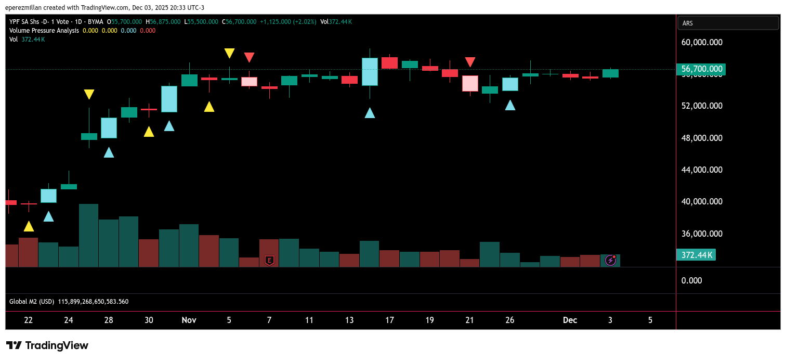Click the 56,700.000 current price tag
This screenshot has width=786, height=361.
click(700, 69)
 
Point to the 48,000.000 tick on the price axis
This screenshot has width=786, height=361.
click(702, 138)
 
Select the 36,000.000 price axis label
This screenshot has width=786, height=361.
click(702, 234)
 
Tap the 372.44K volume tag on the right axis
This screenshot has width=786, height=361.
click(696, 254)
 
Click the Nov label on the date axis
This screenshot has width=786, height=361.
click(189, 320)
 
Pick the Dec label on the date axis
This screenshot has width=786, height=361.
click(570, 320)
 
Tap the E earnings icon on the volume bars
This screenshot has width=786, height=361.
click(269, 260)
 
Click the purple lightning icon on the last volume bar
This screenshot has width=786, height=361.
click(611, 260)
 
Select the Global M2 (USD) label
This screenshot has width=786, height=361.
click(32, 302)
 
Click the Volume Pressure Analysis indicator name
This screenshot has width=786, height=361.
click(44, 31)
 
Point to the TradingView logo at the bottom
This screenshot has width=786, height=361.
click(47, 345)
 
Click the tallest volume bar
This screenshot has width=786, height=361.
click(88, 235)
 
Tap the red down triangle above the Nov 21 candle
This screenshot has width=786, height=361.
click(470, 62)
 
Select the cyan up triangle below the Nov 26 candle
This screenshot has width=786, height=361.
click(510, 105)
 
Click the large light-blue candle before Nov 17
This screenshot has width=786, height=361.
click(370, 71)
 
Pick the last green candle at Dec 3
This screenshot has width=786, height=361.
click(610, 73)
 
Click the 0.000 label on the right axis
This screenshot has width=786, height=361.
click(691, 280)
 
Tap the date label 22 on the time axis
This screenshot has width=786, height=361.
click(28, 320)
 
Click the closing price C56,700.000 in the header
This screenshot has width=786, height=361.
click(239, 22)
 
